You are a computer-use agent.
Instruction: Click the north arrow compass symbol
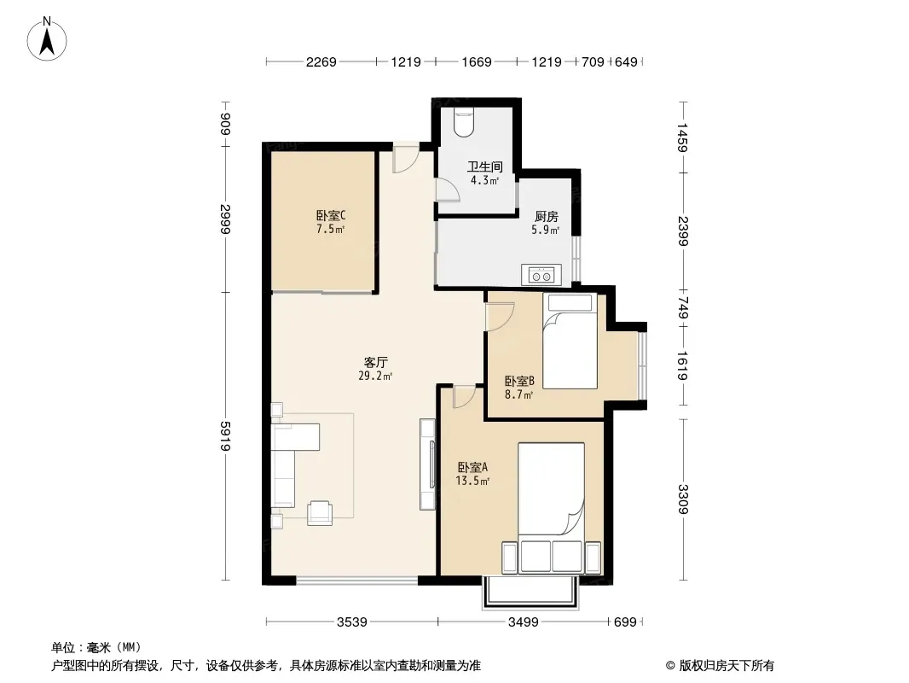pyautogui.click(x=47, y=39)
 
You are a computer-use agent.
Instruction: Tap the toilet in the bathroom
pyautogui.click(x=464, y=122)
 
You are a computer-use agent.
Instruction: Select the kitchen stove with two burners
pyautogui.click(x=541, y=274)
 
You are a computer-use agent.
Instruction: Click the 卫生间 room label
pyautogui.click(x=485, y=166)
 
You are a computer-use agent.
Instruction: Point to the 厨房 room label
pyautogui.click(x=546, y=217)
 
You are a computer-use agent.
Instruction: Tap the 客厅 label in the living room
pyautogui.click(x=376, y=362)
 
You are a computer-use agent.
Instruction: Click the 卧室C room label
pyautogui.click(x=331, y=215)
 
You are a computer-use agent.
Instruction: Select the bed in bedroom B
pyautogui.click(x=570, y=341)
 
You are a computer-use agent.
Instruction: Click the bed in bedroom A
pyautogui.click(x=551, y=488)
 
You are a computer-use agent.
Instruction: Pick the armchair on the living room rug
pyautogui.click(x=320, y=512)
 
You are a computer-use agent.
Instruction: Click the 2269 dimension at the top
pyautogui.click(x=321, y=61)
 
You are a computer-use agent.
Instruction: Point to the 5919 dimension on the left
pyautogui.click(x=225, y=435)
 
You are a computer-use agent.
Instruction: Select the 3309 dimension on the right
pyautogui.click(x=683, y=499)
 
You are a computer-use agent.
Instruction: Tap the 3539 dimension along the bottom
pyautogui.click(x=352, y=622)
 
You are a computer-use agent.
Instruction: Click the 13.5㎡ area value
pyautogui.click(x=472, y=481)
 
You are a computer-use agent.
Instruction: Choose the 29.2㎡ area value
pyautogui.click(x=375, y=376)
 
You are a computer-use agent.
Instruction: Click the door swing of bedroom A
pyautogui.click(x=465, y=396)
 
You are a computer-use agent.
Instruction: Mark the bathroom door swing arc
pyautogui.click(x=448, y=190)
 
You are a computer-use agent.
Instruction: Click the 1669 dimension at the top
pyautogui.click(x=477, y=61)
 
